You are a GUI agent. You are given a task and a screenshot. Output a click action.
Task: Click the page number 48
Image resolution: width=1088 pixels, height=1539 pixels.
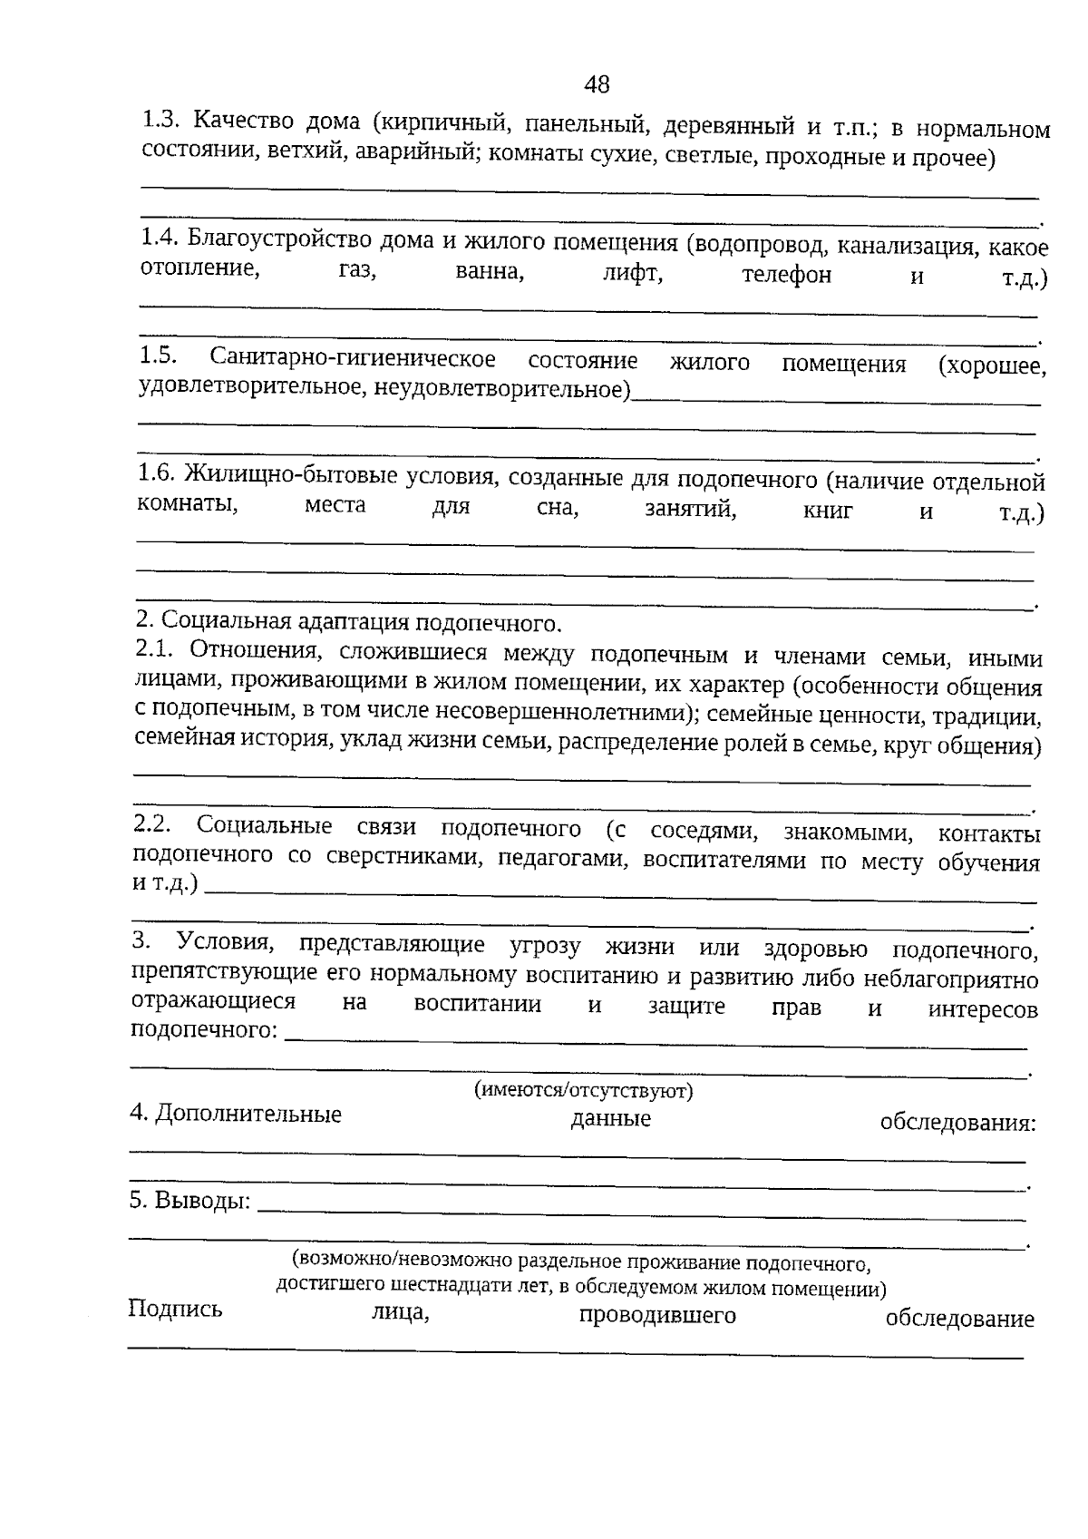pyautogui.click(x=597, y=84)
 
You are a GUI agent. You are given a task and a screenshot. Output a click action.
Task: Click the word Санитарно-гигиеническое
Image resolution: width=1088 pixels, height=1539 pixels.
pyautogui.click(x=353, y=359)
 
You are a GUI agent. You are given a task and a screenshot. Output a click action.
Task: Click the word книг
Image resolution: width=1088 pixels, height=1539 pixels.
pyautogui.click(x=828, y=511)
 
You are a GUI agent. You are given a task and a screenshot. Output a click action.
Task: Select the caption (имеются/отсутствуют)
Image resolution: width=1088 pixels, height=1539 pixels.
pyautogui.click(x=583, y=1090)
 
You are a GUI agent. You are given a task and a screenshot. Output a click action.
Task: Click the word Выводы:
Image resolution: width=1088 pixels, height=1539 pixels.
pyautogui.click(x=189, y=1201)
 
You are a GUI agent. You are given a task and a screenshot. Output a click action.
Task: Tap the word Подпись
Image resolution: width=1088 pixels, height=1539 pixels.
pyautogui.click(x=175, y=1309)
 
